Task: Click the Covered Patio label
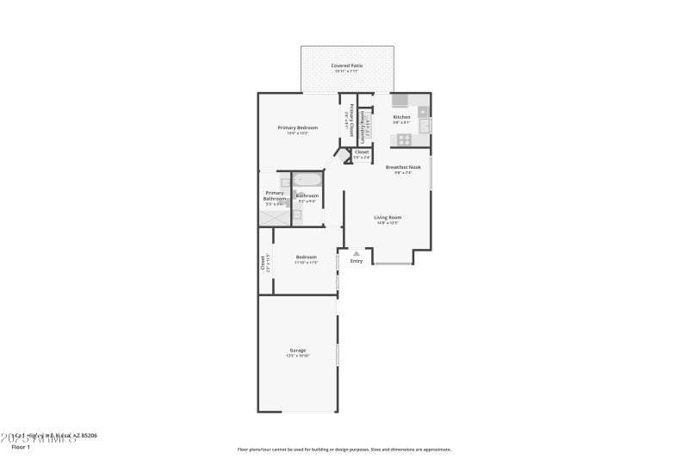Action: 346,65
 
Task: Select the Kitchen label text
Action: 401,116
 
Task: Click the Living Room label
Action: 388,217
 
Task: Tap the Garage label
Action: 297,350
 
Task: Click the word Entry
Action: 357,261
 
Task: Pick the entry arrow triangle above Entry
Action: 357,253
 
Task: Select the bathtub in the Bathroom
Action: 307,181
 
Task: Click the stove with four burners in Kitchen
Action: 404,140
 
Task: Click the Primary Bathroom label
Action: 275,195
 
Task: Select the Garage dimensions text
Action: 297,356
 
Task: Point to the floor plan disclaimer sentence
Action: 344,449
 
